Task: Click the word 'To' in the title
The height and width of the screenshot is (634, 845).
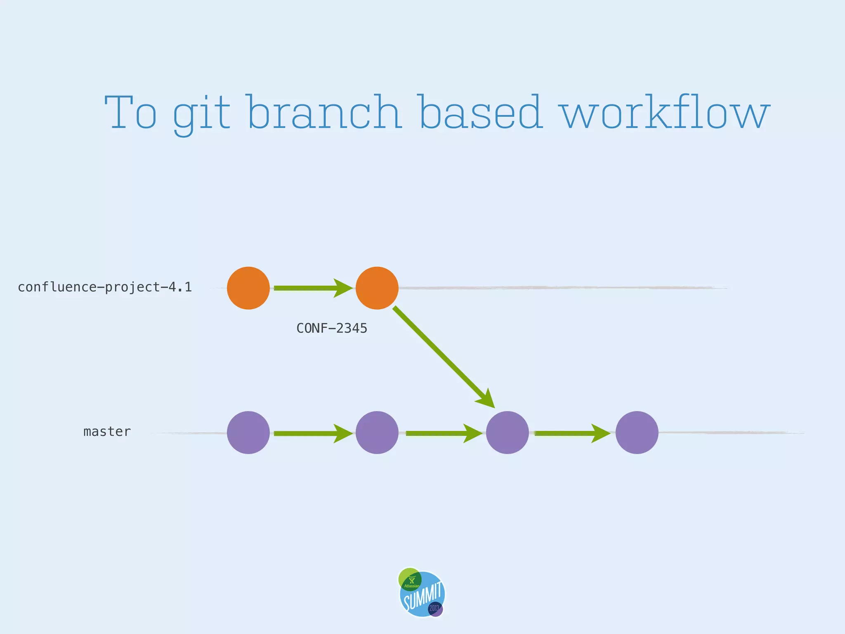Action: [x=131, y=112]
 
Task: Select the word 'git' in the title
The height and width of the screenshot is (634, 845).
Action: [x=201, y=114]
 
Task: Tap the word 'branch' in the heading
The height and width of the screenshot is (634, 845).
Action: [x=324, y=112]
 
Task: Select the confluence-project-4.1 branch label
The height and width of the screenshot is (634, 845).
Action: [x=105, y=287]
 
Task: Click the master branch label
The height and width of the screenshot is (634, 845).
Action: [x=107, y=432]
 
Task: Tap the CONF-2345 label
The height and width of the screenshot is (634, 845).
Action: [x=332, y=329]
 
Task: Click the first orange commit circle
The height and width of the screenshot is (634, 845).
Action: [x=248, y=288]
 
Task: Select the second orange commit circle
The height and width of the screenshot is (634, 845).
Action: [x=377, y=288]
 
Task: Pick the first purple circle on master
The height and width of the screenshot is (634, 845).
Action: [x=248, y=433]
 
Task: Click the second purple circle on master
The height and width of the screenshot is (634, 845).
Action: [x=377, y=433]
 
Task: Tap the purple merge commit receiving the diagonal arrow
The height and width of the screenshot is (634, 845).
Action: [x=507, y=433]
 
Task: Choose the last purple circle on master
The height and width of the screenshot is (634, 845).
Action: [x=637, y=433]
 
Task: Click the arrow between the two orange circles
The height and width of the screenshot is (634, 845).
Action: [x=313, y=288]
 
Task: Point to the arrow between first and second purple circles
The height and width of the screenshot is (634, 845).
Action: [x=313, y=433]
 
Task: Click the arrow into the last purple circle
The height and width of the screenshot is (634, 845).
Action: [x=572, y=433]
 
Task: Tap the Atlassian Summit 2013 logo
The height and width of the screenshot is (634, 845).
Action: [x=421, y=593]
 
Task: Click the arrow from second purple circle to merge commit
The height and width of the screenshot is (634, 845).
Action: [x=443, y=433]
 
